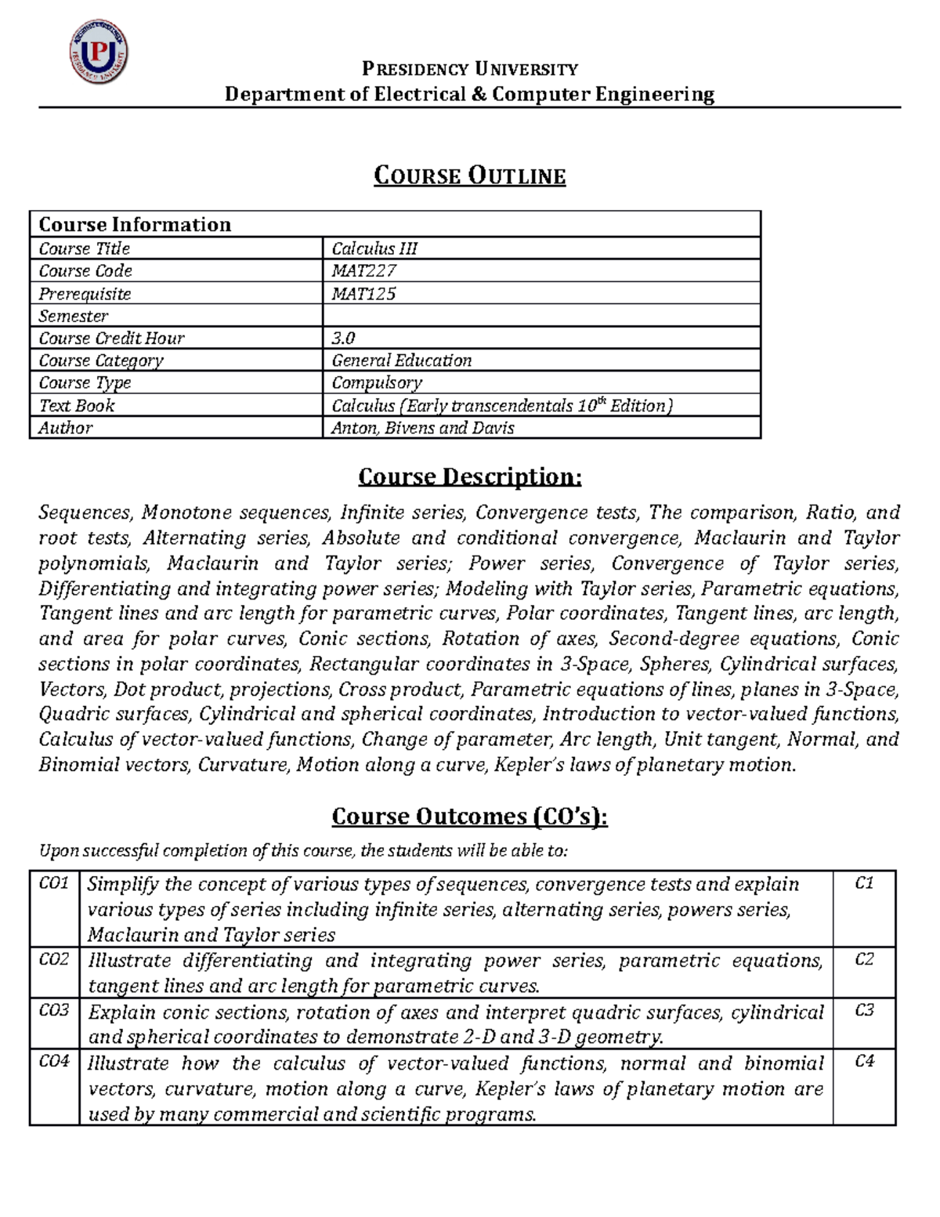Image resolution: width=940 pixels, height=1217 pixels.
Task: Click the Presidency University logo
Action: tap(99, 53)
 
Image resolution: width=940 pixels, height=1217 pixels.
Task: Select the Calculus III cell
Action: tap(374, 248)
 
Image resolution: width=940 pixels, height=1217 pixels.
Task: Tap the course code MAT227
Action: tap(364, 271)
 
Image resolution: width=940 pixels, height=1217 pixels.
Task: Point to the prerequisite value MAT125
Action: tap(363, 294)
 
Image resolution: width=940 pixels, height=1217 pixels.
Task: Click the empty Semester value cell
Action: tap(540, 316)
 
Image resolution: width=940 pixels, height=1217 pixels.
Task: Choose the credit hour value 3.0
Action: tap(343, 339)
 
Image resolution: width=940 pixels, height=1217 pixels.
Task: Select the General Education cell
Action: tap(401, 360)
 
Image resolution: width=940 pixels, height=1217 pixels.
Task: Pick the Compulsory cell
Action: tap(377, 383)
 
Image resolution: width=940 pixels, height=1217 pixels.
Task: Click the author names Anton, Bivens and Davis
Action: tap(422, 428)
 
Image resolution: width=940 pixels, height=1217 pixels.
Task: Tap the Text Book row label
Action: tap(77, 406)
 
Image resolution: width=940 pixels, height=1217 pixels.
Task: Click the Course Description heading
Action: tap(469, 476)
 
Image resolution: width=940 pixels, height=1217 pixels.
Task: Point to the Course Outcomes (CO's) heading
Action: tap(469, 817)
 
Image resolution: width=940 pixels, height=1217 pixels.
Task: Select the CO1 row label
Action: tap(54, 883)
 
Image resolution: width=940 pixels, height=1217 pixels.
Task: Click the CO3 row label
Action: tap(54, 1010)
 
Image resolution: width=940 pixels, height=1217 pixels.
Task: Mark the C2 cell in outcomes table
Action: tap(864, 959)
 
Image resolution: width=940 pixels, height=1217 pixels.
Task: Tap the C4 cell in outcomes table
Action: tap(864, 1061)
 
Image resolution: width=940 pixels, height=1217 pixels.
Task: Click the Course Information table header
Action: tap(135, 225)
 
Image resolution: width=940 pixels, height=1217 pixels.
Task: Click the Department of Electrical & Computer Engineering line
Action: tap(469, 95)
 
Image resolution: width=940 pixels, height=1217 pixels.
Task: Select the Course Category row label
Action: tap(101, 360)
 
